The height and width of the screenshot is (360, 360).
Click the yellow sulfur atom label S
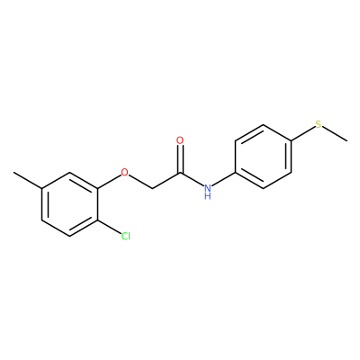(319, 124)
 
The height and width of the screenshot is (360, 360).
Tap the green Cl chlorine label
(126, 236)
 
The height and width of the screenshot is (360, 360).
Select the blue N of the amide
(208, 188)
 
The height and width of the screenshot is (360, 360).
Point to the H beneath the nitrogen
(208, 196)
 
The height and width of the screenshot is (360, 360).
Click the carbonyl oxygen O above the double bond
(180, 140)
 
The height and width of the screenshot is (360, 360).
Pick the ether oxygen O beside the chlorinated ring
(124, 173)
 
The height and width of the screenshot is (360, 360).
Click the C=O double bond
(180, 159)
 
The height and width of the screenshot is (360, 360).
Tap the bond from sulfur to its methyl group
(335, 134)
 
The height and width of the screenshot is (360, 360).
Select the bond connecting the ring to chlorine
(109, 227)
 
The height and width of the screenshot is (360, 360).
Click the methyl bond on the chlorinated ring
(27, 180)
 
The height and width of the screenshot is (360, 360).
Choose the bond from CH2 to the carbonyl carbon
(166, 181)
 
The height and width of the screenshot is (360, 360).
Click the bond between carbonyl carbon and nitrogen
(192, 179)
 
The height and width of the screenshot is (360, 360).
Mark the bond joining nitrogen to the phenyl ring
(223, 179)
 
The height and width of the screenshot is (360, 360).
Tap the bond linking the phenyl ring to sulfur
(303, 133)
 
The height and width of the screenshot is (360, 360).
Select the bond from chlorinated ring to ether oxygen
(109, 182)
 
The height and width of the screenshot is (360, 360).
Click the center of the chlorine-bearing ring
(70, 204)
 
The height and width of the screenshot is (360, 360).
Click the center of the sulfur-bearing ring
(264, 157)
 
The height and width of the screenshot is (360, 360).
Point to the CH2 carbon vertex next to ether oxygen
(152, 189)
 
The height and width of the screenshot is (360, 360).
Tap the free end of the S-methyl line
(347, 140)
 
